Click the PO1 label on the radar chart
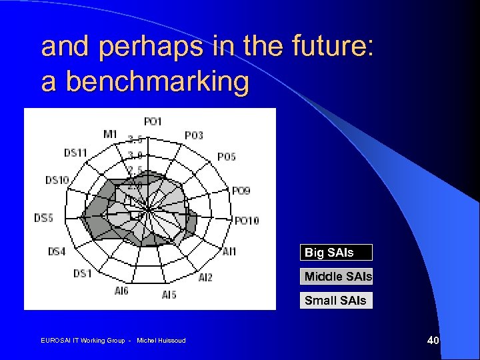[153, 121]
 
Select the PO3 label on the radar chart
[194, 135]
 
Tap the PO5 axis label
[227, 157]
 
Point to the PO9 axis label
[241, 191]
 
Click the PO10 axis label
[247, 221]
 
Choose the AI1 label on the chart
[229, 251]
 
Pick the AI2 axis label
[205, 277]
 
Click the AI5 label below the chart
[169, 294]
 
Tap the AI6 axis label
[121, 291]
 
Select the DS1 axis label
[82, 273]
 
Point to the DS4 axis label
[57, 251]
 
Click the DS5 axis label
[43, 218]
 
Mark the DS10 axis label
[57, 180]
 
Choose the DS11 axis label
[75, 153]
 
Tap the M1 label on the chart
[110, 134]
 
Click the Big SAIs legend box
[336, 253]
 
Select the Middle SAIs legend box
[336, 277]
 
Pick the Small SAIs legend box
[336, 301]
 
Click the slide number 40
[433, 341]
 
